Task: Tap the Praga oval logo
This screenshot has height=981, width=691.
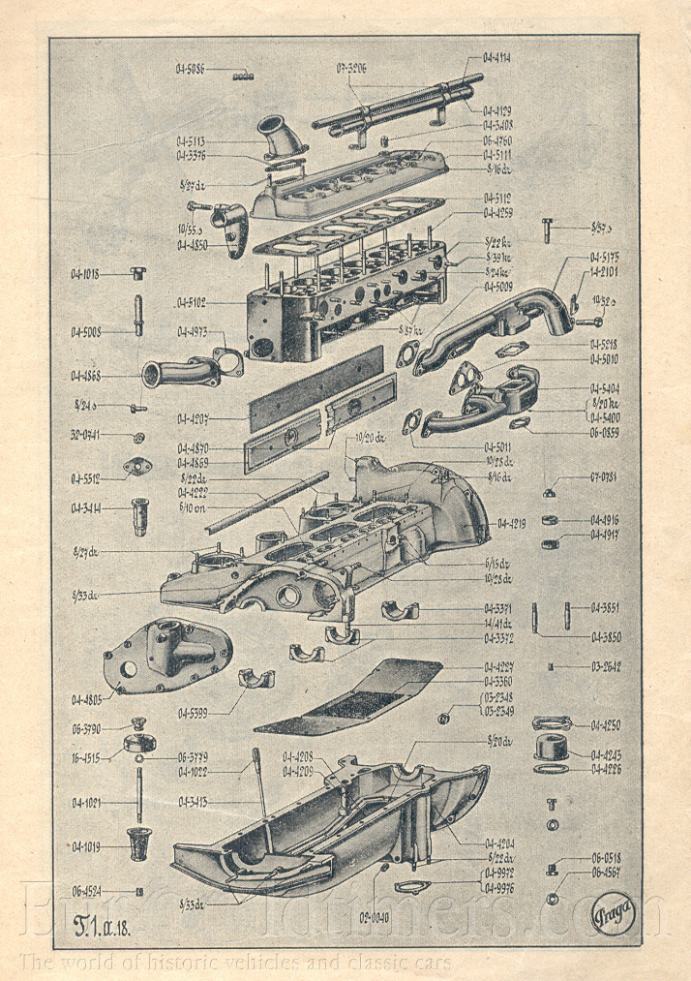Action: click(614, 913)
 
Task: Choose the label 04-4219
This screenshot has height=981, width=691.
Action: click(512, 523)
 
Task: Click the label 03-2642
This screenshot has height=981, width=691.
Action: click(606, 667)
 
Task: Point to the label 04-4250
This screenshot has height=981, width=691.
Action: click(605, 724)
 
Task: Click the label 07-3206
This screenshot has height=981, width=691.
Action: click(351, 67)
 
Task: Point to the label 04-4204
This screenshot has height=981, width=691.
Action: click(500, 843)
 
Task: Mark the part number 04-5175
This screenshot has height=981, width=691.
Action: click(606, 257)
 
